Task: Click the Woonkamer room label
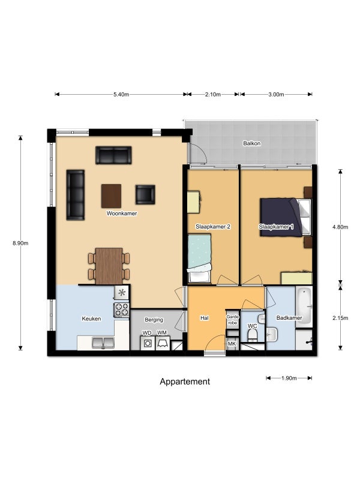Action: coord(122,214)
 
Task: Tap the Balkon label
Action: coord(251,143)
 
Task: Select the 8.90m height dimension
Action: coord(20,243)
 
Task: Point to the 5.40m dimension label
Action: coord(121,94)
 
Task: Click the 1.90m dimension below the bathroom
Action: coord(289,378)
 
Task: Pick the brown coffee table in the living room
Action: coord(111,196)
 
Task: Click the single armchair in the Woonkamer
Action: coord(145,194)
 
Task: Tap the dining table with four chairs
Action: coord(109,266)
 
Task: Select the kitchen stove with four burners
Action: coord(122,310)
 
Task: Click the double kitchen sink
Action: coord(103,343)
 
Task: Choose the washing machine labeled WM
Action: coord(163,343)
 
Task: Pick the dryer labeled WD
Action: coord(148,343)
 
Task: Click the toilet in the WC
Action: coord(252,336)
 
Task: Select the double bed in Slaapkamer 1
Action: coord(286,217)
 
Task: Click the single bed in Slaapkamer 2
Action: coord(199,258)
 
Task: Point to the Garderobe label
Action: coord(233,320)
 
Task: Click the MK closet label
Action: coord(232,344)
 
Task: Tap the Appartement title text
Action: coord(185,382)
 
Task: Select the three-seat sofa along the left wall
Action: coord(76,195)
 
